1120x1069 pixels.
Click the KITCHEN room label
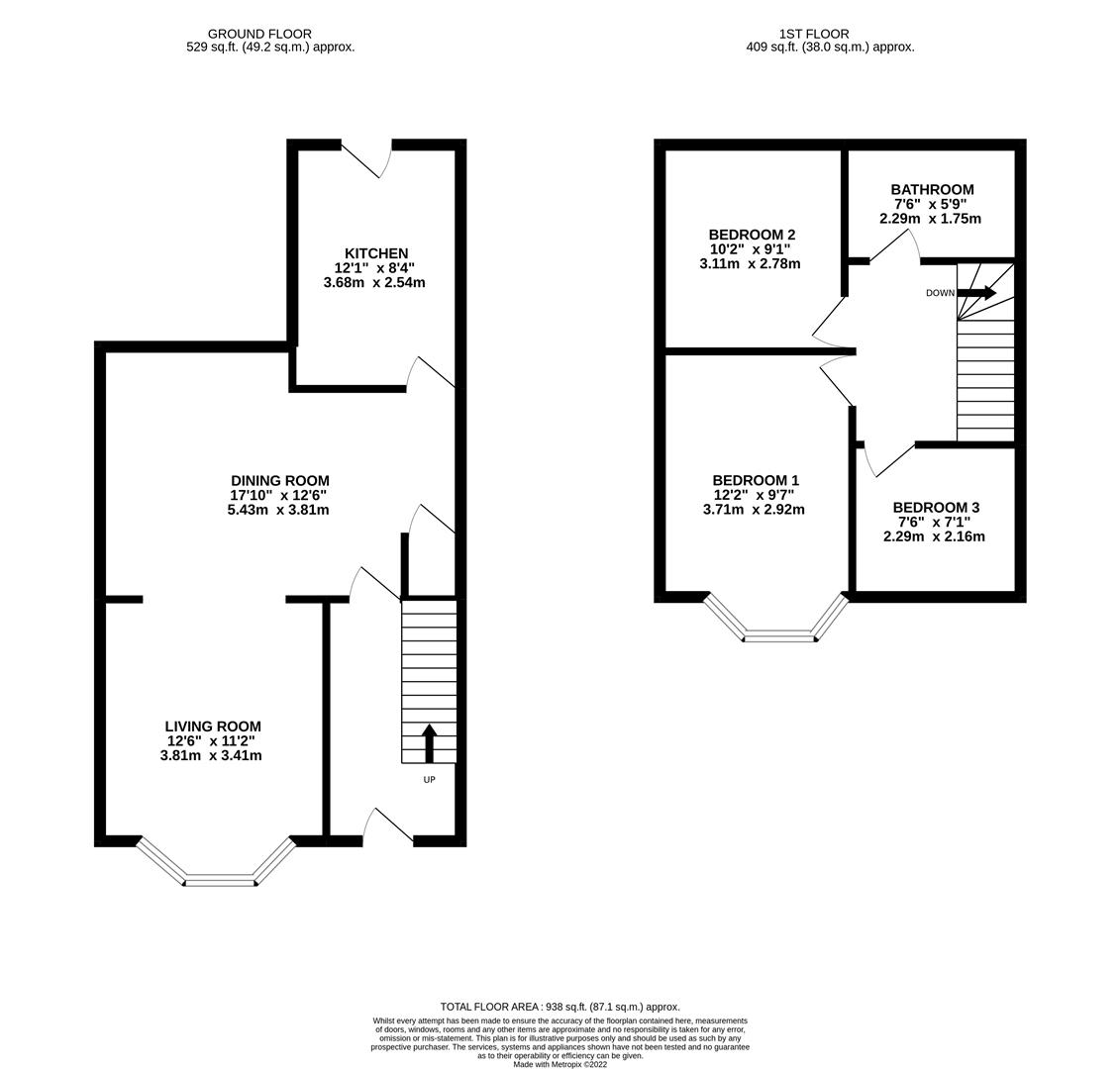[x=375, y=253]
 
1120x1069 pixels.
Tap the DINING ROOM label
[x=279, y=481]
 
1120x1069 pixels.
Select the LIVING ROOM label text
[x=212, y=727]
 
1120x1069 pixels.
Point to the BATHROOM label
[x=931, y=190]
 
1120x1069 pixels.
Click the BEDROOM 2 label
[x=751, y=235]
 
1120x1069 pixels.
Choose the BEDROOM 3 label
[x=935, y=508]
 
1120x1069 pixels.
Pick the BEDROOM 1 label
[x=755, y=481]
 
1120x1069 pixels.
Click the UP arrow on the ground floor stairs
[x=429, y=743]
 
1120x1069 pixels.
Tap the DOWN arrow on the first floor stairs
[x=976, y=293]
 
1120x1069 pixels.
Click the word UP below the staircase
[x=429, y=780]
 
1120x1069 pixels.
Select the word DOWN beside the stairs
[x=940, y=294]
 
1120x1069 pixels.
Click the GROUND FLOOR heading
[x=259, y=34]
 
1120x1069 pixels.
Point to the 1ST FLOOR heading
[x=813, y=34]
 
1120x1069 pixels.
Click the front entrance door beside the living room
[x=388, y=827]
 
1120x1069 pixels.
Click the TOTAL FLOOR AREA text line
[x=560, y=1007]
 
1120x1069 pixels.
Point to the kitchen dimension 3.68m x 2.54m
[x=374, y=283]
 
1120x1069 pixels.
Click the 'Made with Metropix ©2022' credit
[x=560, y=1064]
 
